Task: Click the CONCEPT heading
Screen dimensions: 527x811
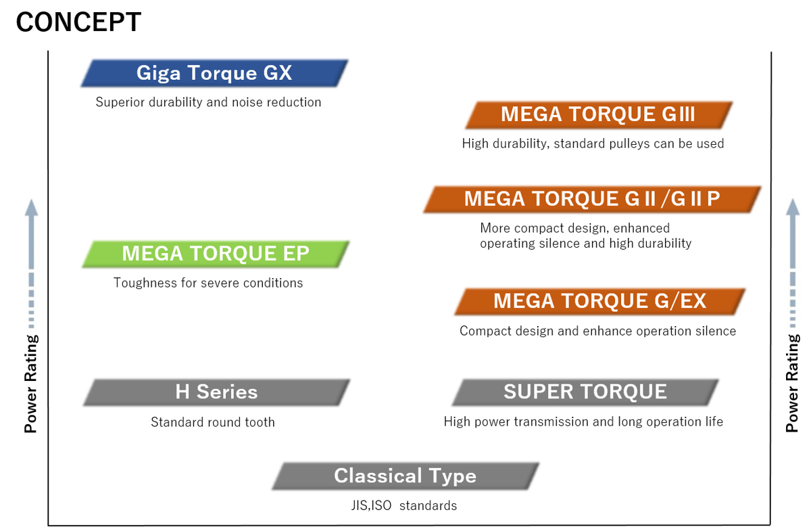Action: pos(78,22)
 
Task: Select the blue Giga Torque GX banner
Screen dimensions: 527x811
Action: pos(214,73)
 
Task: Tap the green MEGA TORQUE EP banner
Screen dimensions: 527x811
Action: pos(216,254)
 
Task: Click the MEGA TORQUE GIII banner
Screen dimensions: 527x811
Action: pos(598,114)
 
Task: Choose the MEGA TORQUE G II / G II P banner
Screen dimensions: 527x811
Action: pos(592,199)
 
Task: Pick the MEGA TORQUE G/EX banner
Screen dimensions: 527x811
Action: pos(600,301)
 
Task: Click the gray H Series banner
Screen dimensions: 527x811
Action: pos(216,392)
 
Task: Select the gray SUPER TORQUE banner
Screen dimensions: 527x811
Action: pos(585,392)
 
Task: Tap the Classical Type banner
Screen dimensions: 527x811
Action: pos(405,476)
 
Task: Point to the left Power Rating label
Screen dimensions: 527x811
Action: pos(31,384)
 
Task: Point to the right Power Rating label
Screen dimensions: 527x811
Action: pos(792,384)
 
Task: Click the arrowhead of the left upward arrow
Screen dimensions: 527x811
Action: pos(31,207)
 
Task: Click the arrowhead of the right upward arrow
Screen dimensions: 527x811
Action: pos(792,207)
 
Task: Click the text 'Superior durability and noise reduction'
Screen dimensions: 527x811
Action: pos(208,102)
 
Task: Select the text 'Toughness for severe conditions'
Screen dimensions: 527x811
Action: pos(208,283)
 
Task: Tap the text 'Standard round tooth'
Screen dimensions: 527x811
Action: pos(213,422)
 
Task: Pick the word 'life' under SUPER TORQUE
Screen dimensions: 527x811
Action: pos(711,421)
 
